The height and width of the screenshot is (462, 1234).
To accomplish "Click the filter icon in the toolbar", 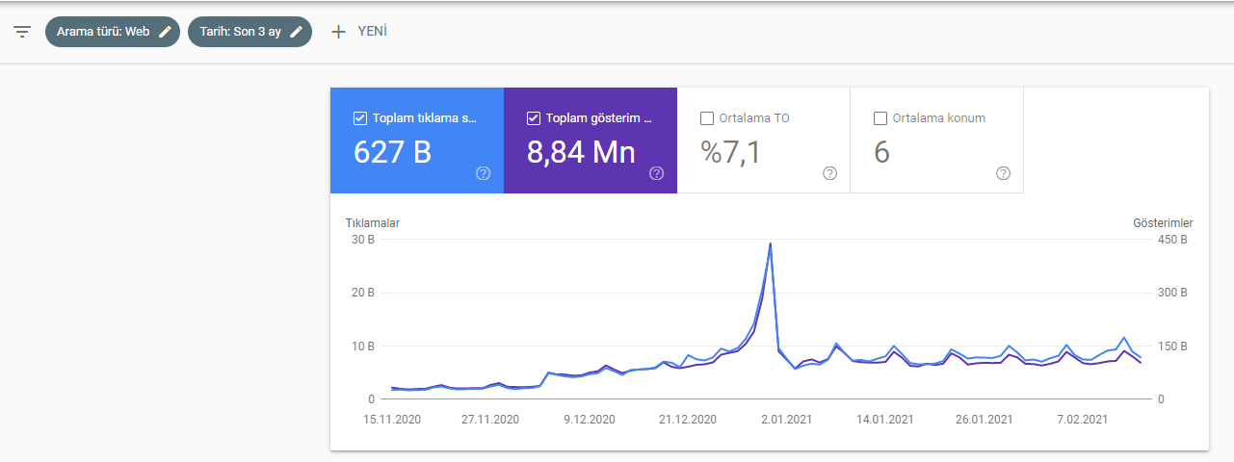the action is coord(22,32).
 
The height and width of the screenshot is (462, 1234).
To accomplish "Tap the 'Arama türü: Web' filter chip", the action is coord(113,32).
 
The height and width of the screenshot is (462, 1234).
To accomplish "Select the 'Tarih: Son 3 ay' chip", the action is coord(249,32).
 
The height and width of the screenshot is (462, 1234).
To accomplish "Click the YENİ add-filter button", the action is coord(359,32).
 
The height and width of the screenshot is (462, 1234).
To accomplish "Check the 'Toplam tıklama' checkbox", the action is coord(360,118).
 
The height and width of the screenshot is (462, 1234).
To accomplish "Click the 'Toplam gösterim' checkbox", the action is coord(534,118).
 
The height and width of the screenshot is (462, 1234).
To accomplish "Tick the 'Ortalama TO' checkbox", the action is coord(707,118).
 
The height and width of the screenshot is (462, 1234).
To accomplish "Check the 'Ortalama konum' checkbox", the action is coord(880,118).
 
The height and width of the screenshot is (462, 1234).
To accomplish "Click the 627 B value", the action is coord(392,152).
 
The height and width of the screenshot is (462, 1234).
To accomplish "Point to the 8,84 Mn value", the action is coord(581,152).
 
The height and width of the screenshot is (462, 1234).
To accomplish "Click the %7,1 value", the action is coord(730,152).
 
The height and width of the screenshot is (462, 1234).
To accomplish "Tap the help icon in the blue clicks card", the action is coord(484,173).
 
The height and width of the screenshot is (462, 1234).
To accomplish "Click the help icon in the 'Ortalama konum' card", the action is coord(1003,173).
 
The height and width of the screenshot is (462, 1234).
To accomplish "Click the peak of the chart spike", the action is coord(770,244).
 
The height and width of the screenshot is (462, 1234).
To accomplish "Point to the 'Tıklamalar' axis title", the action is coord(373,223).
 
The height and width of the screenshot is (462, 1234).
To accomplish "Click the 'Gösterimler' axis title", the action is coord(1163,223).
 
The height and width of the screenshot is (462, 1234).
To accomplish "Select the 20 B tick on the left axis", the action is coord(363,293).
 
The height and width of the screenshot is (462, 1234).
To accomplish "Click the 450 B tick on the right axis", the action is coord(1172,240).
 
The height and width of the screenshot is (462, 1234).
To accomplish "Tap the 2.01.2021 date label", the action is coord(787,420).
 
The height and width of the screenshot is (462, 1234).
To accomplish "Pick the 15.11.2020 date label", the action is coord(392,420).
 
